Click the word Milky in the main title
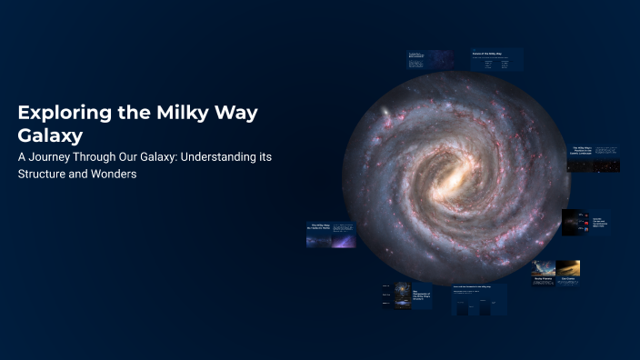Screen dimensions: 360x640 tap(169, 114)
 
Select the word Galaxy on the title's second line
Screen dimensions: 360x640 tap(50, 135)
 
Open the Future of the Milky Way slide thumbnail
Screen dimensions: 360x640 tap(496, 60)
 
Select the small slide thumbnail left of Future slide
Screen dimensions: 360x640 tap(430, 60)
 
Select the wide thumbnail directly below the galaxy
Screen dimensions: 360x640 tap(479, 300)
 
